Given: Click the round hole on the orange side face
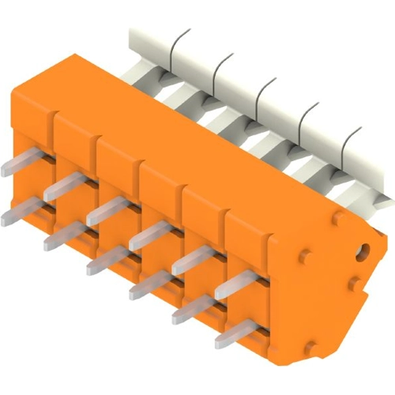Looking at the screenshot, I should (364, 252).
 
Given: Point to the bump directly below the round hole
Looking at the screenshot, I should (355, 282).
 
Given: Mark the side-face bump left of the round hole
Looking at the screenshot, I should (305, 256).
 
